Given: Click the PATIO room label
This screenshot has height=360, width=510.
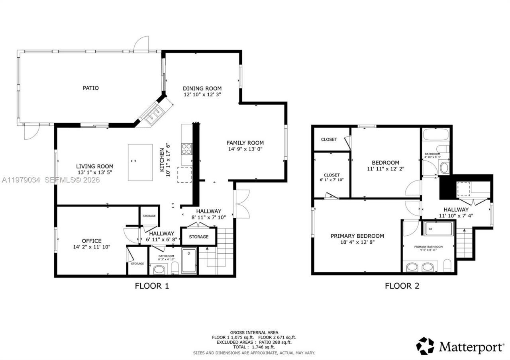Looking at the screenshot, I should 90,88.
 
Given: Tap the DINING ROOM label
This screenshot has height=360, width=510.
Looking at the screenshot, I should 202,88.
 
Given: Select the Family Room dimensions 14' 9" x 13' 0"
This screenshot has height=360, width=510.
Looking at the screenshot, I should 245,149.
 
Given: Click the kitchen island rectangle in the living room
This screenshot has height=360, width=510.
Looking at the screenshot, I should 140,162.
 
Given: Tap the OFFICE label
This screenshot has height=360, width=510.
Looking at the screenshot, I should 92,241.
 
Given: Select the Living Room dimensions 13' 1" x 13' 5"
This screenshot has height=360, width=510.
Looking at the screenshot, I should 95,172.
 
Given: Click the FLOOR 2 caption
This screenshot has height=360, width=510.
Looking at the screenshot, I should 402,286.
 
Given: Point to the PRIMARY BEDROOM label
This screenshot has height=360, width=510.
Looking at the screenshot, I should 357,236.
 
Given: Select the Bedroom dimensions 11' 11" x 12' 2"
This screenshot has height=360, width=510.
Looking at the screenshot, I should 385,169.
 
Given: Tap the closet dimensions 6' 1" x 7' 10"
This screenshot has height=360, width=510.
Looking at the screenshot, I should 331,180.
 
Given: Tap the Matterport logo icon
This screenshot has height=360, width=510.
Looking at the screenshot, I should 425,346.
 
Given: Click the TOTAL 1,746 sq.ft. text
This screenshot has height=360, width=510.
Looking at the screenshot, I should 254,347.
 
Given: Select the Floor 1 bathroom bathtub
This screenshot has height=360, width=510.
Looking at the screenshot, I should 189,261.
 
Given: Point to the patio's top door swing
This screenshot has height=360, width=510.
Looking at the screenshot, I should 141,43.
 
